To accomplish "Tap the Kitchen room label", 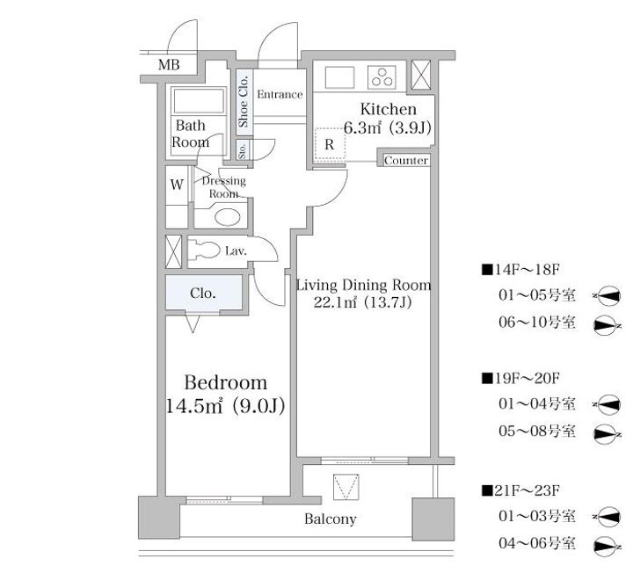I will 387,110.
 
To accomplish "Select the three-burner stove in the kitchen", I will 382,77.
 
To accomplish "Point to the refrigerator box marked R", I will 329,143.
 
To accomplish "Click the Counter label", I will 406,161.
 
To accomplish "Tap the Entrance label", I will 280,94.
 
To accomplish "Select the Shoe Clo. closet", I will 244,103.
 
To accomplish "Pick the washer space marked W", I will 177,185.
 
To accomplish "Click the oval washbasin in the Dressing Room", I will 228,219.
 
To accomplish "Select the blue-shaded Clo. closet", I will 203,294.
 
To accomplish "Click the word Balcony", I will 330,519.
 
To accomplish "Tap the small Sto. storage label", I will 243,151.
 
